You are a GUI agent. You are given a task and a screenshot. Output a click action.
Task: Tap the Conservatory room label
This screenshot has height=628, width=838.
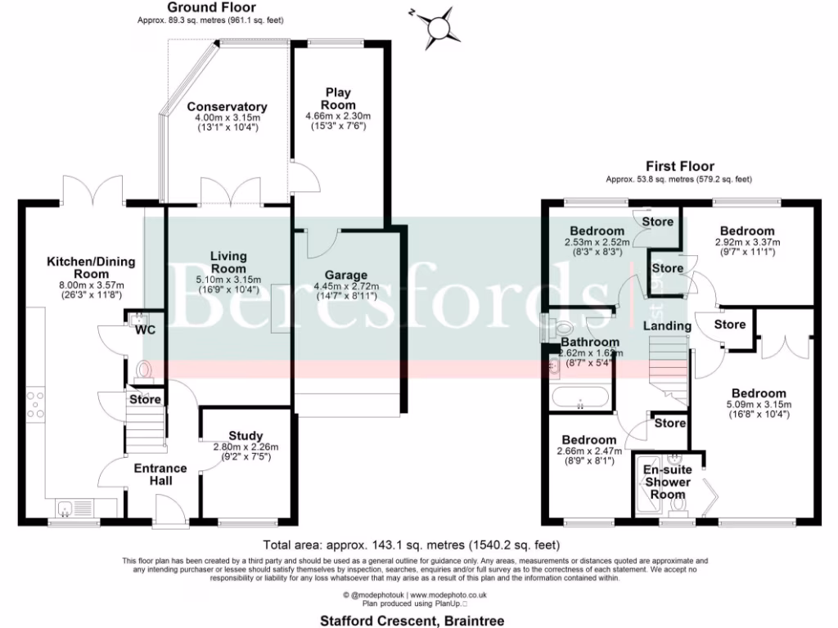[215, 107]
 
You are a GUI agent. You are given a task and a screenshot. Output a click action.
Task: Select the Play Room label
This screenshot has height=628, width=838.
[339, 99]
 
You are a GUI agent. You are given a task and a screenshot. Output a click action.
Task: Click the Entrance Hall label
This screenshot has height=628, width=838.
[160, 474]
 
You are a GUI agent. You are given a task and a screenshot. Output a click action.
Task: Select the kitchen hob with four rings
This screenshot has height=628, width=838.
[37, 405]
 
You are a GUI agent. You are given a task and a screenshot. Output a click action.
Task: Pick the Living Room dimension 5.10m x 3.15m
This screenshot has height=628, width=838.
[228, 279]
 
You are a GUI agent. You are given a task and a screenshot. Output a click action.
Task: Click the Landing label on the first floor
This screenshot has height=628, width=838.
[668, 326]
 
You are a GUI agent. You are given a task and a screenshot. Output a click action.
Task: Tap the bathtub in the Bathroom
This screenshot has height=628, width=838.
[580, 398]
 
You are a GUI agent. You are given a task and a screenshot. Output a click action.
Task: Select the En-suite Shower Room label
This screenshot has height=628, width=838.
[667, 482]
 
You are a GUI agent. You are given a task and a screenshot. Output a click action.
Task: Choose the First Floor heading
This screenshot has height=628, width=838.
[678, 166]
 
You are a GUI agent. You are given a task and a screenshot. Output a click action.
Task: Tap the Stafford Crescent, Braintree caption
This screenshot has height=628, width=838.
[411, 621]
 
